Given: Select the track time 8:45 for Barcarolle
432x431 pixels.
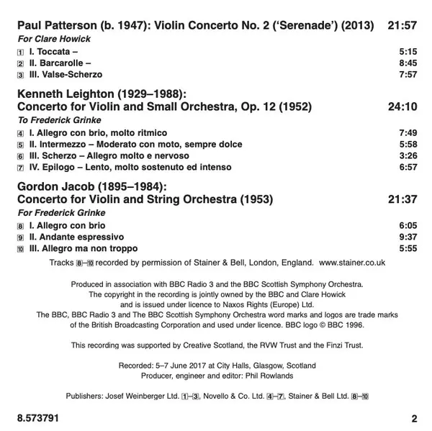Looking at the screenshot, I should [408, 63].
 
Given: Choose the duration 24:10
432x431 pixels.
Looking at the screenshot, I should [403, 106].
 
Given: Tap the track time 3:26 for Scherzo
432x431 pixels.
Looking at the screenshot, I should [408, 155].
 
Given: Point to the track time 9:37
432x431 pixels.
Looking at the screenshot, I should [408, 236].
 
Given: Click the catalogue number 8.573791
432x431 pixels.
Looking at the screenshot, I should [36, 417].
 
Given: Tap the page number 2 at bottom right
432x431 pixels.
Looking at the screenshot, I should [413, 417].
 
